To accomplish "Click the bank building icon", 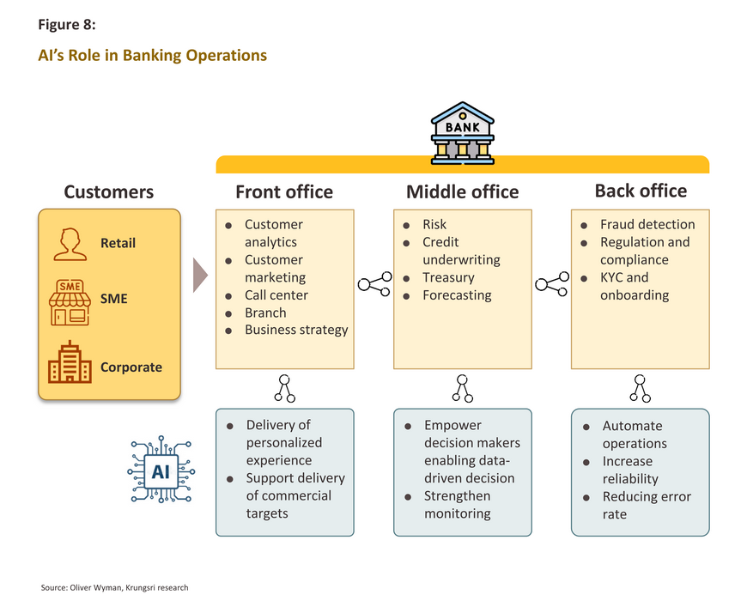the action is tap(462, 133).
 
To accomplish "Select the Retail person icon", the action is tap(70, 244).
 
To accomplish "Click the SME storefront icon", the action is tap(70, 302).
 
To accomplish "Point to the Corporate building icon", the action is tap(70, 362).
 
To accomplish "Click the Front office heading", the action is tap(284, 192).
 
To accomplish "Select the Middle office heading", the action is tap(462, 192).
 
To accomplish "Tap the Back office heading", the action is tap(641, 191).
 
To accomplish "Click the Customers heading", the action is tap(109, 192).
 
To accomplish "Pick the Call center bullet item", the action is tap(276, 295).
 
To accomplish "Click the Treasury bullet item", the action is tap(448, 277).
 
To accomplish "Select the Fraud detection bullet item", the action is tap(647, 224).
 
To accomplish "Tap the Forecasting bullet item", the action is tap(457, 295).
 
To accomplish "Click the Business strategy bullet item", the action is tap(296, 330).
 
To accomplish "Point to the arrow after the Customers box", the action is tap(200, 276).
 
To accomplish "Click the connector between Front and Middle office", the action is tap(374, 284).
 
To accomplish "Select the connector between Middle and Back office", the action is tap(552, 284).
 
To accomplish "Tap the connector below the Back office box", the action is tap(641, 388).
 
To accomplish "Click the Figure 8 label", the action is tap(67, 24).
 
